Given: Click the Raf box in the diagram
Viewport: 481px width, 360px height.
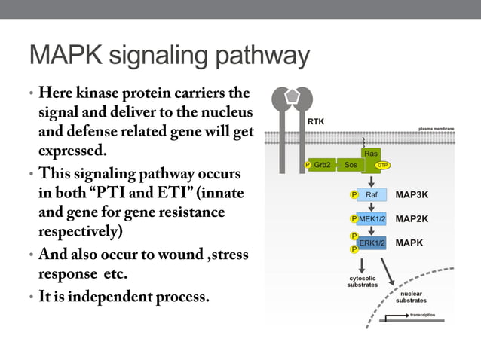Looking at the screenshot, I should coord(372,194).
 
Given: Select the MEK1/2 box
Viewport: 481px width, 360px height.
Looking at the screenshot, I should coord(372,219).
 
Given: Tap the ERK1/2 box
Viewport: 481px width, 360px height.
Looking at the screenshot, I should coord(372,243).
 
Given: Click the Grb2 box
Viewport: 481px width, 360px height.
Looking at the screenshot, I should coord(323,164).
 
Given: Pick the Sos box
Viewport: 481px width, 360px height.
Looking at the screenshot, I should coord(351,164).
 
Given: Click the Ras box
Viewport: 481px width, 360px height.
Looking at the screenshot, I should coord(370,154).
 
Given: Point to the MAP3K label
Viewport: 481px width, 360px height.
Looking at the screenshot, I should coord(412,194).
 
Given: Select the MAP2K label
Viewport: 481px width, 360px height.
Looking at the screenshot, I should coord(412,219).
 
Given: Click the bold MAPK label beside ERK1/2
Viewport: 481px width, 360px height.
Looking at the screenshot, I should coord(409,243).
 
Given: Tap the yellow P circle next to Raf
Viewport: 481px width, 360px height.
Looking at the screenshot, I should coord(354,194).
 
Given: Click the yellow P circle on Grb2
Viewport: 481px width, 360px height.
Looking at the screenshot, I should coord(307,164).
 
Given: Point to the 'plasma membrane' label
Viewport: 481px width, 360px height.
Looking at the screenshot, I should coord(436,129).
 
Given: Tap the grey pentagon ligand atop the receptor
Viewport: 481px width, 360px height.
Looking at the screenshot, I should coord(290,96).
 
